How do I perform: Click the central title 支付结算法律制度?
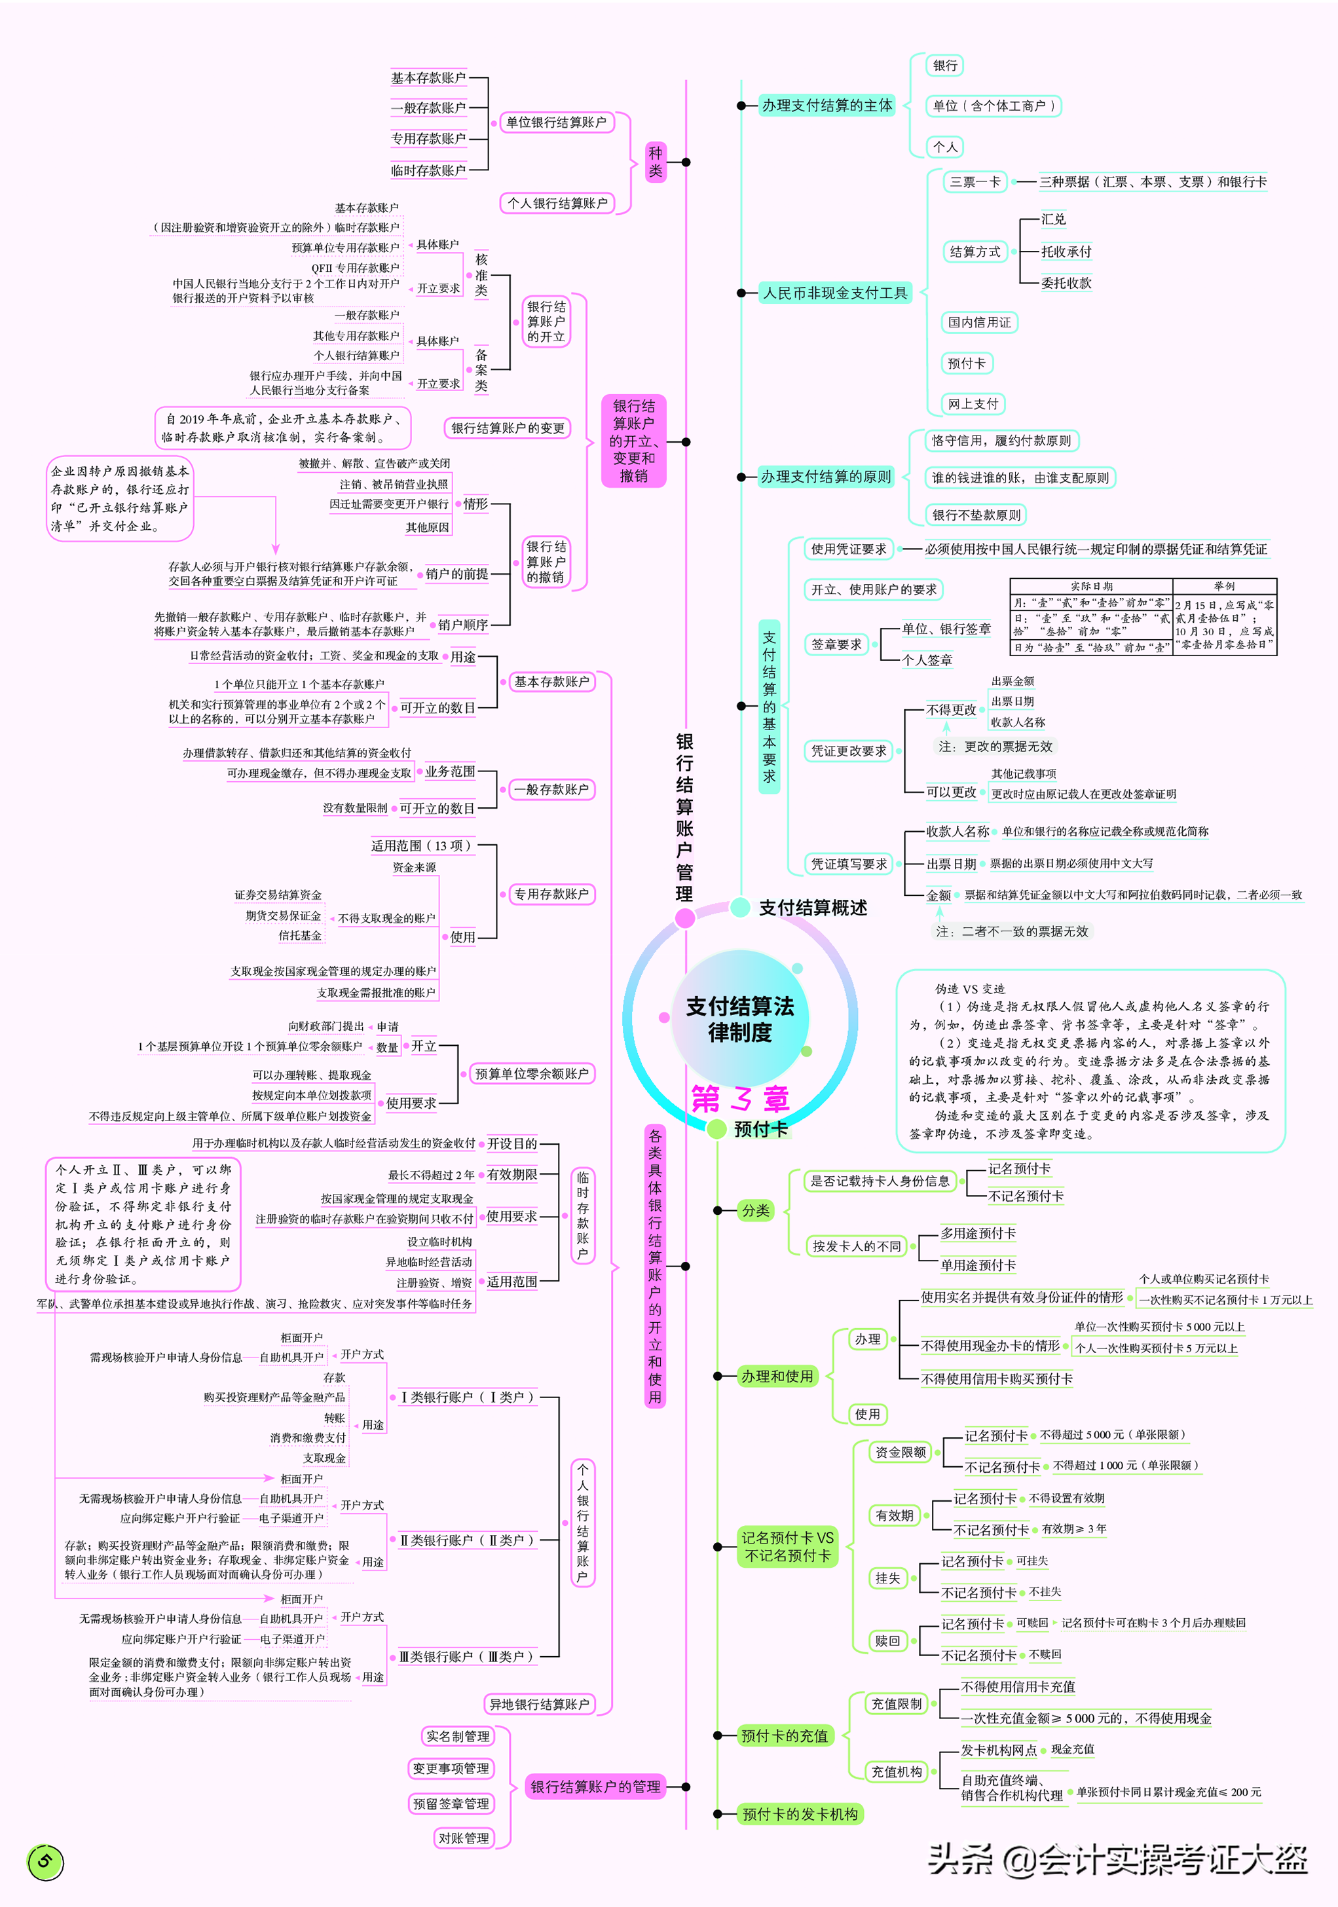[x=739, y=1019]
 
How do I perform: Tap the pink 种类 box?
[x=656, y=162]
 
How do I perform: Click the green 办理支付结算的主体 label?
[x=827, y=105]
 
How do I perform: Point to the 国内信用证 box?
[x=979, y=322]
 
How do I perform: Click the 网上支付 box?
[x=973, y=403]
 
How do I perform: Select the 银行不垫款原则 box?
[x=976, y=515]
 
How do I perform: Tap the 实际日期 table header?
[x=1091, y=586]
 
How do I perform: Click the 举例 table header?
[x=1224, y=586]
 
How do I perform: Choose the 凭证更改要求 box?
[x=849, y=751]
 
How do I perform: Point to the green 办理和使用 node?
[x=777, y=1377]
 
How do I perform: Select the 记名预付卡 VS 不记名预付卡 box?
[x=787, y=1547]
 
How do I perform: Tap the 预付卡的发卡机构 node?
[x=800, y=1814]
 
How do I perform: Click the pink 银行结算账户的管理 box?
[x=595, y=1787]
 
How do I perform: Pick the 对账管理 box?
[x=464, y=1838]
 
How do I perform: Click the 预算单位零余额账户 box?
[x=532, y=1074]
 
